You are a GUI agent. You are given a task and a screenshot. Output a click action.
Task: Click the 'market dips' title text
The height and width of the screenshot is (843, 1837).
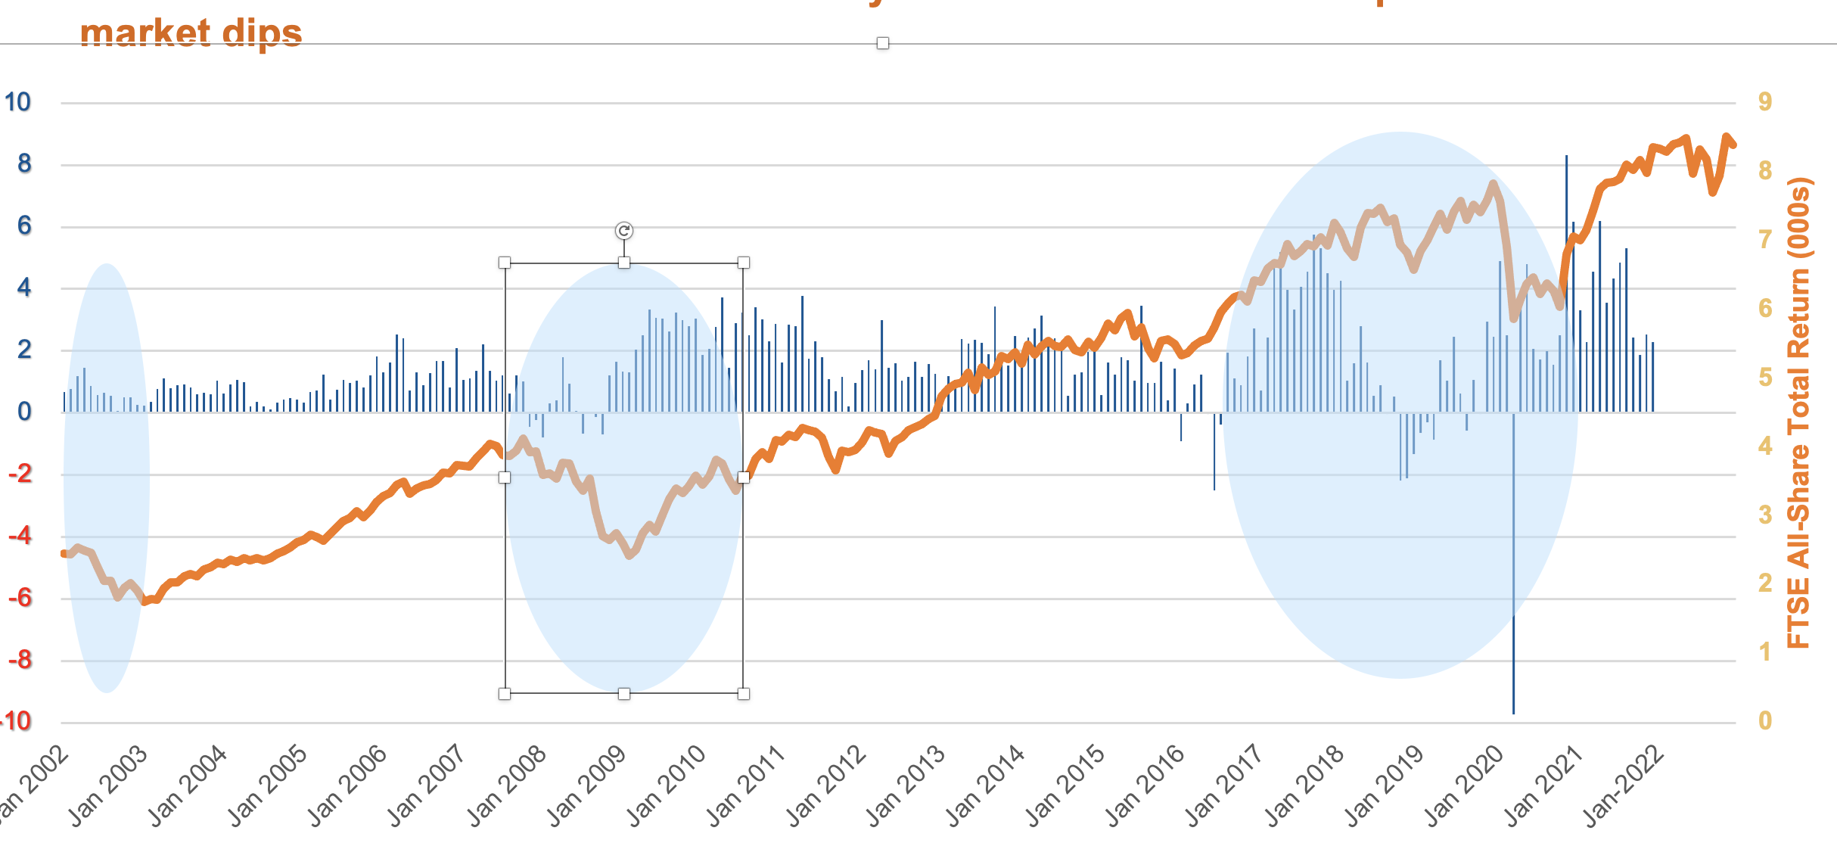pos(191,33)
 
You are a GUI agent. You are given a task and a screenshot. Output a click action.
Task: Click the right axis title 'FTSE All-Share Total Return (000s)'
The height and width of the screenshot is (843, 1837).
pos(1798,412)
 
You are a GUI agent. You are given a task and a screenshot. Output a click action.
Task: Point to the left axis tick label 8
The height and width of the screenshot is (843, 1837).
pos(24,163)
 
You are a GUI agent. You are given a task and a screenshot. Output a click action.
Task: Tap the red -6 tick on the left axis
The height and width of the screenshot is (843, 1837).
pos(20,598)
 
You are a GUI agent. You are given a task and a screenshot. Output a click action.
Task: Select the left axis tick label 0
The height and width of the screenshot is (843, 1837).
pos(24,412)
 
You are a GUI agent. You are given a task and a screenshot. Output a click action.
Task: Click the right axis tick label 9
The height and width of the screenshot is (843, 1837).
pos(1765,101)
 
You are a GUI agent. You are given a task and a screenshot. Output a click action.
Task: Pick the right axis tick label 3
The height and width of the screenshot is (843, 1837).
pos(1765,515)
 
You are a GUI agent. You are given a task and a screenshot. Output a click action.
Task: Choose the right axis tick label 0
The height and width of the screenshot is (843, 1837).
pos(1765,720)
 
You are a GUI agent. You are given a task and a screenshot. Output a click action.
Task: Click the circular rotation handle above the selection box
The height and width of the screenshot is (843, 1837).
pos(624,231)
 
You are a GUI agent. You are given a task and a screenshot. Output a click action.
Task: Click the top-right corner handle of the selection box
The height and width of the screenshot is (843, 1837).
pos(744,263)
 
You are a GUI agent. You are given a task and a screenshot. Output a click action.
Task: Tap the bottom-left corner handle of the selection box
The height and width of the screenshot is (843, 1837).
pos(505,693)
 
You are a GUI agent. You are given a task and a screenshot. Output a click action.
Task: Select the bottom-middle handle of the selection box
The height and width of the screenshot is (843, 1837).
pos(624,693)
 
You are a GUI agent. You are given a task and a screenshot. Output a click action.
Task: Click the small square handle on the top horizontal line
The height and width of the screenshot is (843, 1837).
pos(883,44)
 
